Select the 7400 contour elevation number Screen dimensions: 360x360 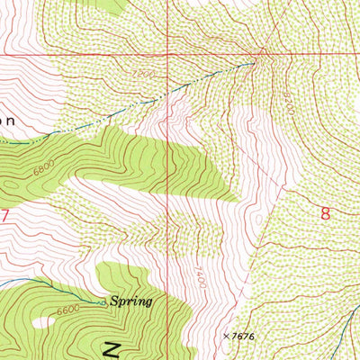199,275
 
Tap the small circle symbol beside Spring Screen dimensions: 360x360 104,303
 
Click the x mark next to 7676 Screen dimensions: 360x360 226,335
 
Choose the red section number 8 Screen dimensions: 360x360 326,213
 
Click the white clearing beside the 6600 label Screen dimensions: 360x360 42,321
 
